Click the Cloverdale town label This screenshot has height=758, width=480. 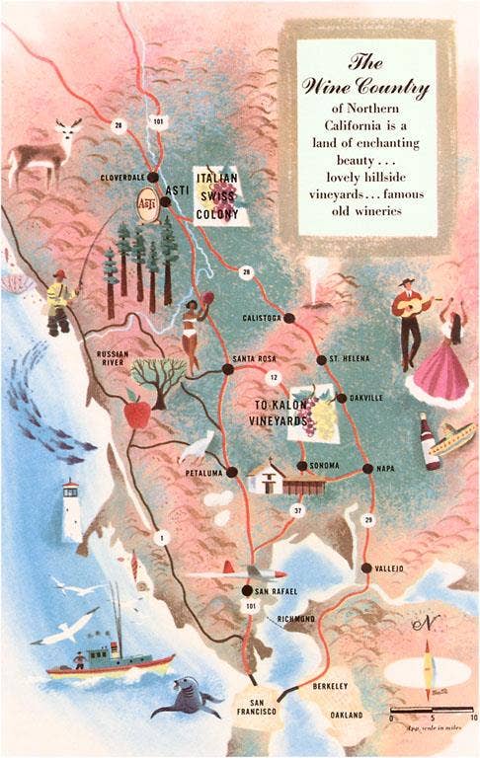(122, 177)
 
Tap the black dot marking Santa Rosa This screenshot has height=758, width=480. (227, 369)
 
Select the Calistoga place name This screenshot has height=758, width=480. (262, 318)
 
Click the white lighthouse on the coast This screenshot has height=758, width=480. (71, 509)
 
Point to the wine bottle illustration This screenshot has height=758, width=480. (430, 441)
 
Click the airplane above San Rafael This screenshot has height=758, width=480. (230, 573)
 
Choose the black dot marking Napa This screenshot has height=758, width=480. (367, 469)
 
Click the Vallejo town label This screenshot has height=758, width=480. (383, 568)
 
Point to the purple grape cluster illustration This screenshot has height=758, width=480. (324, 419)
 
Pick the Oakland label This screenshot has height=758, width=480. (346, 715)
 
